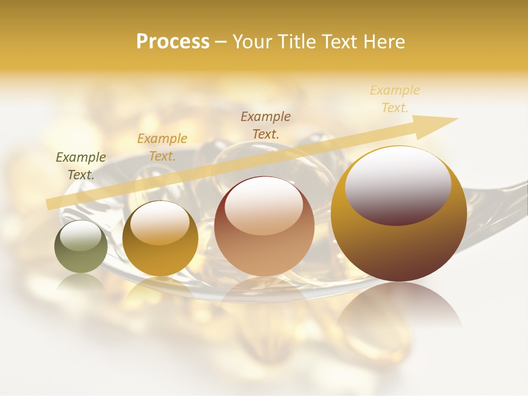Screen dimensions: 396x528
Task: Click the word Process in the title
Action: click(x=173, y=42)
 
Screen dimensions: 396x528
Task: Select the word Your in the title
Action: click(x=250, y=42)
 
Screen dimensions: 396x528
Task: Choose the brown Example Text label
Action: click(x=266, y=125)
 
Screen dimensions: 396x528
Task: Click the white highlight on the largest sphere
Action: click(x=398, y=184)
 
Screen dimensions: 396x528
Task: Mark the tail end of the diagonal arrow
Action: click(x=50, y=204)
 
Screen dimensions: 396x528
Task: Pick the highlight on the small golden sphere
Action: click(x=159, y=223)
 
